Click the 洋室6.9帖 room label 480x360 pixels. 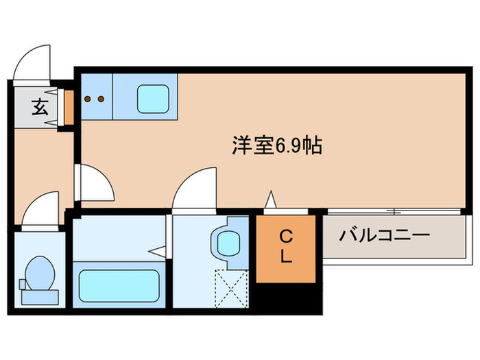click(277, 145)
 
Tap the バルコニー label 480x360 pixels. click(384, 236)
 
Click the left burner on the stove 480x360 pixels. click(88, 98)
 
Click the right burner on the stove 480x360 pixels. click(101, 98)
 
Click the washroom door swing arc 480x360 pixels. click(193, 189)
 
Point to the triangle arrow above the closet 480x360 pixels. click(271, 200)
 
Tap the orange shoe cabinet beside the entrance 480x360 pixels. click(69, 106)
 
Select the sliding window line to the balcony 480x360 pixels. click(391, 209)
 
